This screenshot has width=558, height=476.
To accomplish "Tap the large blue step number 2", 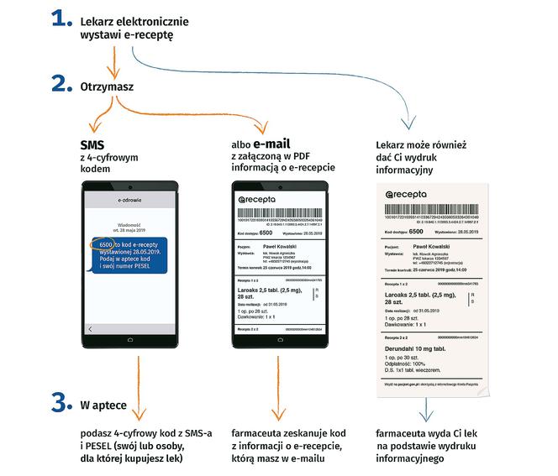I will pyautogui.click(x=61, y=84).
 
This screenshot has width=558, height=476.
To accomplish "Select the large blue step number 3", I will pyautogui.click(x=61, y=405).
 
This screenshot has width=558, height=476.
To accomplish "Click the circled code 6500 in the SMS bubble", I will pyautogui.click(x=101, y=243).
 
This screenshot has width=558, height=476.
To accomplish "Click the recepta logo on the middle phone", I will pyautogui.click(x=266, y=199).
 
